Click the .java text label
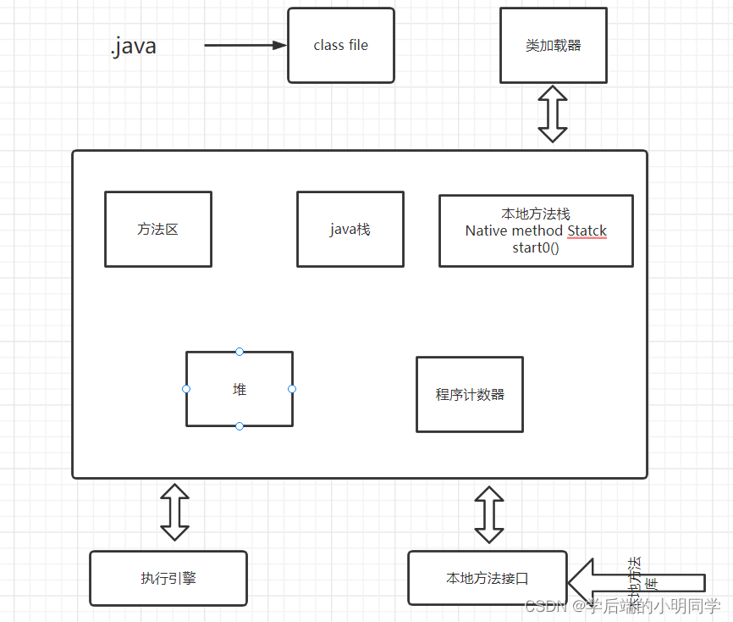133,46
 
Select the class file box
340,46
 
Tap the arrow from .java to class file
245,46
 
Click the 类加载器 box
553,46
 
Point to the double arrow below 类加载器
553,114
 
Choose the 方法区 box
157,229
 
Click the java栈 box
350,229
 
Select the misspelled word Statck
587,230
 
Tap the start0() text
535,247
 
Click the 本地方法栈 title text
535,214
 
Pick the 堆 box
240,389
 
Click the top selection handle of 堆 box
240,351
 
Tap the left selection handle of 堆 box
186,389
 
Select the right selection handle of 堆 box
292,389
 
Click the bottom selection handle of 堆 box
240,426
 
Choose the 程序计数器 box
469,394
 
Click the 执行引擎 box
168,578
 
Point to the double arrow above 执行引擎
175,513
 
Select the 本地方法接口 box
487,578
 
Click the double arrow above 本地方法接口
488,514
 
